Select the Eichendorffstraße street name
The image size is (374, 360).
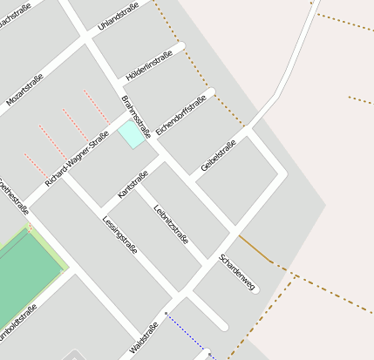[x=184, y=116]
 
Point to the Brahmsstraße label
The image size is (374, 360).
[x=137, y=117]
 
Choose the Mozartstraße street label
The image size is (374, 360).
[x=25, y=90]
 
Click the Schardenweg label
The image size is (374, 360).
[x=237, y=273]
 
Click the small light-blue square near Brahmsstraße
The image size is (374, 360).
[x=132, y=133]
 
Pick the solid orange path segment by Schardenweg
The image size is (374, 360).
[x=254, y=248]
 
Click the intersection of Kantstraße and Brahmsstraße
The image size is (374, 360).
[x=164, y=159]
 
